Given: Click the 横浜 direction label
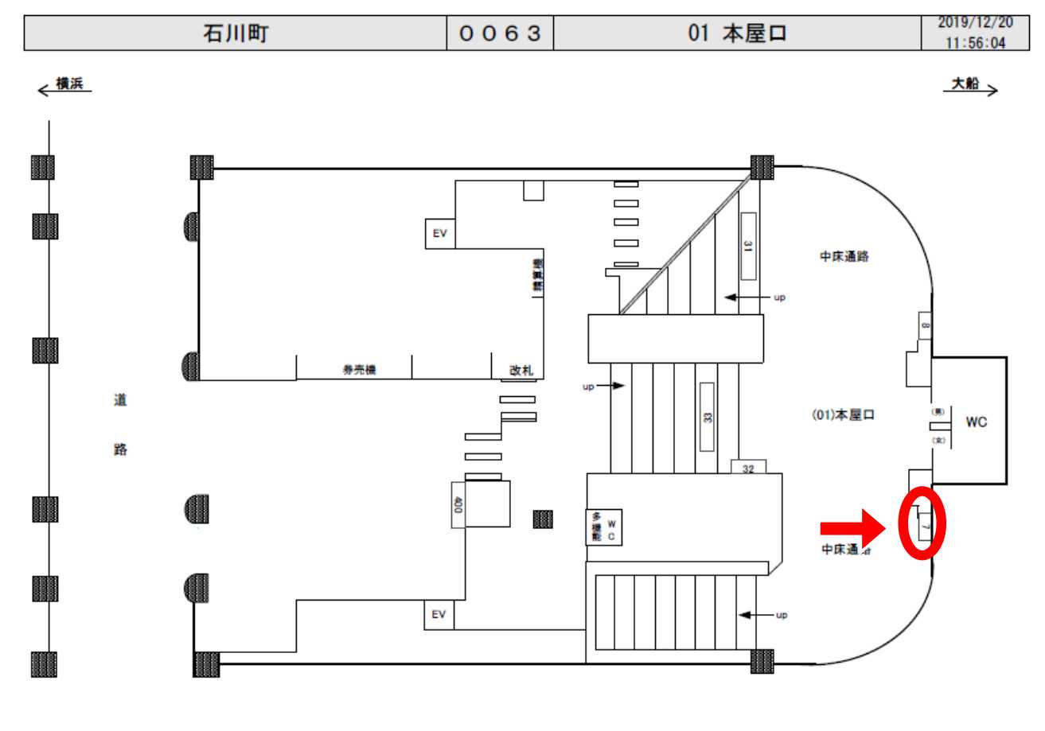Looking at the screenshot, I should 72,84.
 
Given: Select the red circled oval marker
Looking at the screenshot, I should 922,524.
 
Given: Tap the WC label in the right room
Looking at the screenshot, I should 976,423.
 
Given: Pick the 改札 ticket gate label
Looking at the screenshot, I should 521,370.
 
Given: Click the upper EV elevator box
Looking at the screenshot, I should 439,234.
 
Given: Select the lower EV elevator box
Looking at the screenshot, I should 439,614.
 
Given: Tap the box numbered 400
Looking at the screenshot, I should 458,504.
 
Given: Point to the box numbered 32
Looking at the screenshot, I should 748,469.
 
